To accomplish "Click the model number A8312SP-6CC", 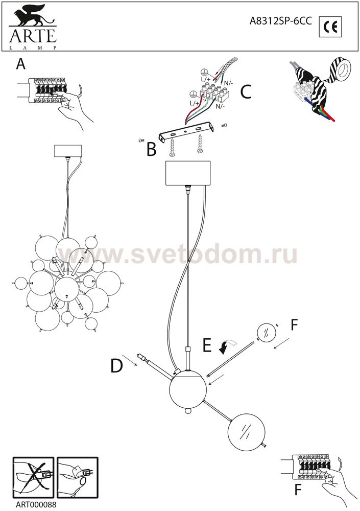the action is (280, 21).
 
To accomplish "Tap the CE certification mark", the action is (330, 27).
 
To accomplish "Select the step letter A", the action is (21, 64).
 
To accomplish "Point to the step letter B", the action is (152, 150).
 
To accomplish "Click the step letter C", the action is (246, 91).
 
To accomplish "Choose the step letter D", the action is (116, 366).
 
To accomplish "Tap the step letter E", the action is (207, 345).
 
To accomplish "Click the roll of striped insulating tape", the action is (340, 69).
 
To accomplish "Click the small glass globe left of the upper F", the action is (267, 333).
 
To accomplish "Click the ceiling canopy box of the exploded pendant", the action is (188, 173).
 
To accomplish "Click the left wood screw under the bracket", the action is (173, 149).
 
